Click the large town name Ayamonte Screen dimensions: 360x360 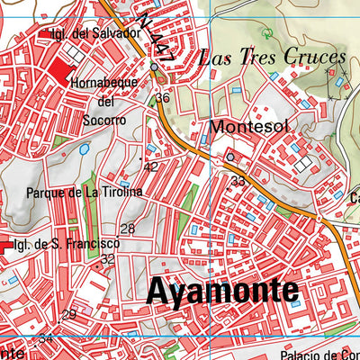pos(221,291)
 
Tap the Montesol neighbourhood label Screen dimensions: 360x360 pos(249,127)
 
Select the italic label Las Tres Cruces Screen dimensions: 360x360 pos(272,58)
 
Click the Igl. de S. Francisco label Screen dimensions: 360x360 pos(67,243)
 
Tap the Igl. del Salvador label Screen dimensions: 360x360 pos(95,33)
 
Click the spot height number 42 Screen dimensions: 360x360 pos(151,166)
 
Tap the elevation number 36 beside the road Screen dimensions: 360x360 pos(162,98)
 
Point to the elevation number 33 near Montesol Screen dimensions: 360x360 pos(238,181)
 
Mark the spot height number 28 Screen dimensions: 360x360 pos(128,229)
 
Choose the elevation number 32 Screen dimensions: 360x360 pos(107,259)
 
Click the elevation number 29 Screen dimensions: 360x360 pos(69,314)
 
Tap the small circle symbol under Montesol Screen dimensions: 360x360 pos(229,157)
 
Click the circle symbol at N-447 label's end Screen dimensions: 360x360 pos(155,67)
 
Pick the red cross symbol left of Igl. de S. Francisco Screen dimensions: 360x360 pos(4,244)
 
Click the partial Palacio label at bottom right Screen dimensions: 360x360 pos(319,355)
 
